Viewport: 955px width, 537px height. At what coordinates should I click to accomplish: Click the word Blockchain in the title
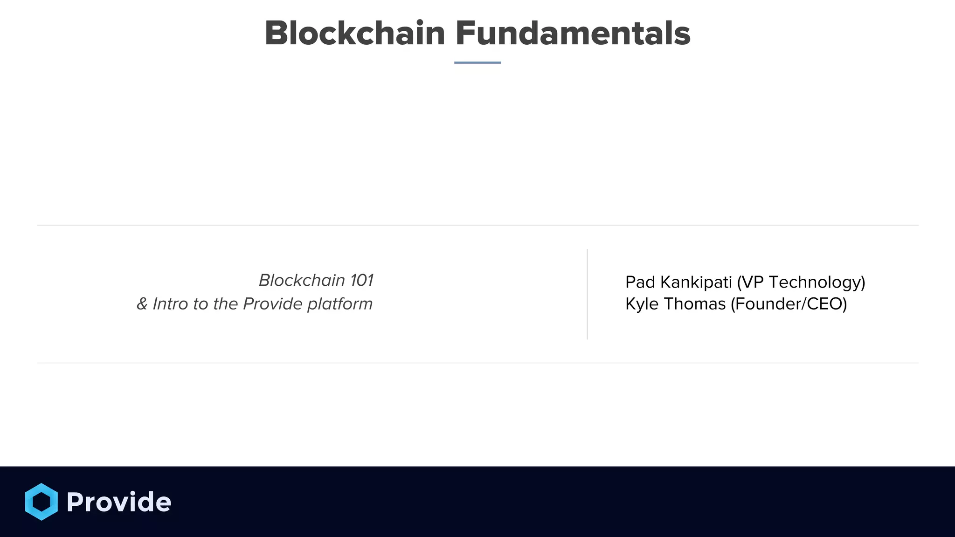[x=355, y=34]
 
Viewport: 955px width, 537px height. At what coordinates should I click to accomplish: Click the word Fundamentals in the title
[x=573, y=34]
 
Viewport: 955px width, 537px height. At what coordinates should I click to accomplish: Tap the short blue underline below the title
[x=477, y=62]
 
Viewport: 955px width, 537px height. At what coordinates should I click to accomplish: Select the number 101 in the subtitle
[x=362, y=281]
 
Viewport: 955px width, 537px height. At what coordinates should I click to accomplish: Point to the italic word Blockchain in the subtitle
[x=302, y=281]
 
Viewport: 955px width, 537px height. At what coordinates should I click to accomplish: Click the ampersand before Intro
[x=142, y=304]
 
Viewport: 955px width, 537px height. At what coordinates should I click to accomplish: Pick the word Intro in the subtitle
[x=171, y=304]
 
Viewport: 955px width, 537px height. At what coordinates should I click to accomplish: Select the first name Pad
[x=640, y=282]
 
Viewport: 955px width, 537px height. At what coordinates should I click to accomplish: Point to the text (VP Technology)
[x=801, y=282]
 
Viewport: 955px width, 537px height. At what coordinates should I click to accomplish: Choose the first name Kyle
[x=642, y=304]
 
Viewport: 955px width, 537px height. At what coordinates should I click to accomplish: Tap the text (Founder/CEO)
[x=789, y=304]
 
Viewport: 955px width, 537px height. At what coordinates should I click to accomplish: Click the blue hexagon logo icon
[x=42, y=502]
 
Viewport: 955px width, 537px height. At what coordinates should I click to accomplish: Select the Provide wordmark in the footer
[x=119, y=502]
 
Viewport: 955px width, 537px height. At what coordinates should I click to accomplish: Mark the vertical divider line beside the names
[x=587, y=294]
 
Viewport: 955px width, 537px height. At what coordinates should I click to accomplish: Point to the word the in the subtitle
[x=226, y=304]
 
